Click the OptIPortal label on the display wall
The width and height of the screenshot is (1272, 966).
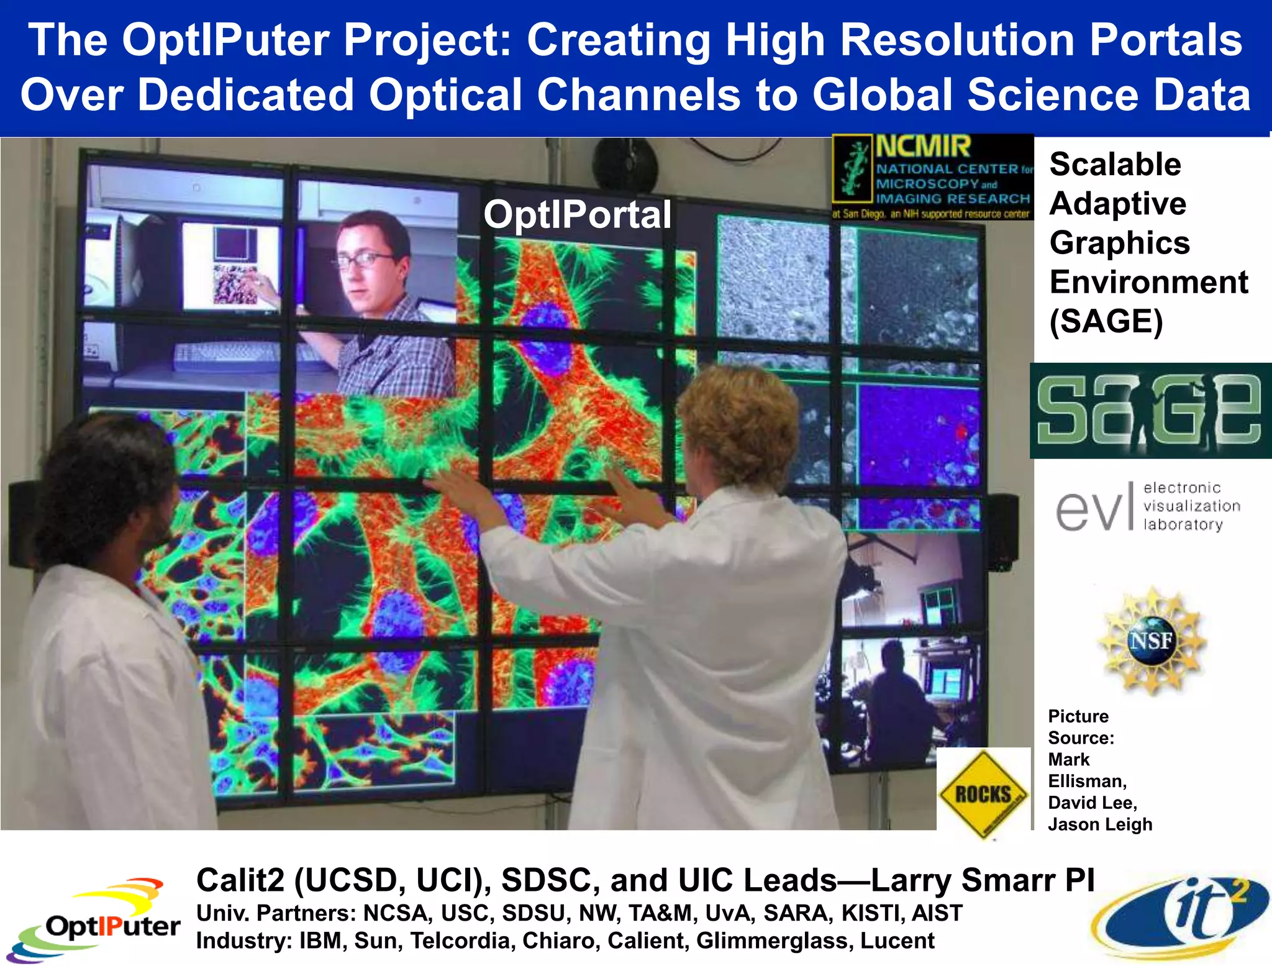point(577,214)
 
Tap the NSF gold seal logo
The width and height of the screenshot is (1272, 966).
point(1152,640)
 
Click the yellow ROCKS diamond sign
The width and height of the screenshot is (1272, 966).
point(983,794)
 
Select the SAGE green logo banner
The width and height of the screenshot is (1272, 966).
point(1150,411)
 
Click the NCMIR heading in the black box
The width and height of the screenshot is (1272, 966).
point(923,147)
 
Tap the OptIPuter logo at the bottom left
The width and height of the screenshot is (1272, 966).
point(93,923)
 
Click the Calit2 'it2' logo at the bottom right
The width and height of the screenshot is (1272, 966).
point(1180,916)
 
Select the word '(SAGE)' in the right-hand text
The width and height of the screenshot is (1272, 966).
point(1106,321)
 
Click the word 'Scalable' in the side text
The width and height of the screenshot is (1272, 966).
point(1115,165)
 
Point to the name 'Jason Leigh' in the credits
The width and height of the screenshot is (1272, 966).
point(1100,824)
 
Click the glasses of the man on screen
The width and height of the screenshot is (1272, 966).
point(366,260)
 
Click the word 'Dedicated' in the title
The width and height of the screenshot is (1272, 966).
point(245,94)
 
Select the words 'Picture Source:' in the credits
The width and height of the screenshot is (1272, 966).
point(1081,727)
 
